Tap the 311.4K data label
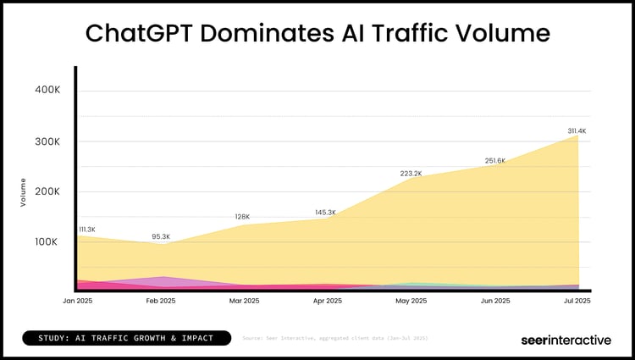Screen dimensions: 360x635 click(x=577, y=130)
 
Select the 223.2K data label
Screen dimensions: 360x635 click(x=411, y=174)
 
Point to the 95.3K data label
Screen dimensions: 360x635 click(x=160, y=236)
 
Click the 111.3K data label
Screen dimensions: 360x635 click(x=87, y=230)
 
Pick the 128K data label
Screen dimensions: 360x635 click(x=242, y=217)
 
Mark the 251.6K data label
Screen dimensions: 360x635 click(x=494, y=160)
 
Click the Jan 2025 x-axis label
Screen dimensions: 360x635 click(x=77, y=301)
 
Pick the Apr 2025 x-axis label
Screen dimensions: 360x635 click(x=328, y=301)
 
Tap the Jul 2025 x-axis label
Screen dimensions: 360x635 click(x=577, y=301)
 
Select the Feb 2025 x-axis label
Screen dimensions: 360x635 click(x=161, y=301)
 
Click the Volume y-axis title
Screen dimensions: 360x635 click(x=23, y=192)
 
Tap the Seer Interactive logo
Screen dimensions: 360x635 click(x=565, y=340)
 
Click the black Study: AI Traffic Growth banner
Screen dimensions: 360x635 click(x=127, y=338)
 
